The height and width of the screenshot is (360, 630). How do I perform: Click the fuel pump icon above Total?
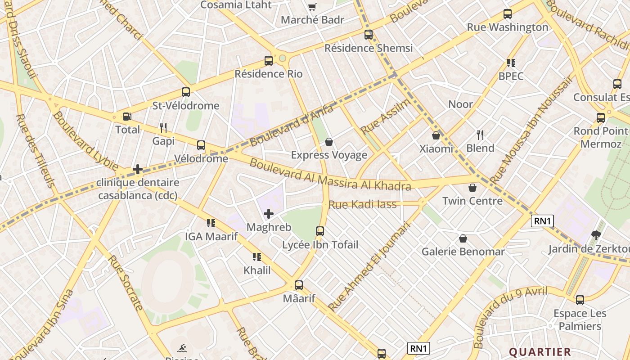coord(127,117)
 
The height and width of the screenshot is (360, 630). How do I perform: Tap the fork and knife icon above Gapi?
coord(163,128)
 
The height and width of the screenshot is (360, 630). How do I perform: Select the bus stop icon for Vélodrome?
coord(201,145)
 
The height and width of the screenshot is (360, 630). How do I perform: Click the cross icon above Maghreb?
coord(269,214)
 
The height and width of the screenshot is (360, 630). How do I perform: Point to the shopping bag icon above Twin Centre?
coord(472,188)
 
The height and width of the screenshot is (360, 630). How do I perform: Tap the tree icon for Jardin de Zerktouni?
coord(596,235)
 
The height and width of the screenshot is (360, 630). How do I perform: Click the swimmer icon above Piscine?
coord(182,348)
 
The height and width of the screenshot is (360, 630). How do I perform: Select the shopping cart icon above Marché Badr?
coord(312,7)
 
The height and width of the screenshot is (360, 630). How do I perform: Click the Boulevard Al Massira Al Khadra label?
coord(330,175)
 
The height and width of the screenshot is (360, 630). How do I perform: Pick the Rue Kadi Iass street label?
coord(362,205)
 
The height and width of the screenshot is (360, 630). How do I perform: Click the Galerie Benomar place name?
coord(463,252)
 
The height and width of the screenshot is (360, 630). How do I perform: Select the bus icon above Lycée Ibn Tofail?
coord(320,231)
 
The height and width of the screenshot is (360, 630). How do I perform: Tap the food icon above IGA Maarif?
coord(211,223)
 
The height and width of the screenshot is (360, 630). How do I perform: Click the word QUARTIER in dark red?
coord(540,352)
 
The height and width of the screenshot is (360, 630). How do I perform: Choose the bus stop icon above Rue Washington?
coord(508,14)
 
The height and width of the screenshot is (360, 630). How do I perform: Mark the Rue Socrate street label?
coord(126,283)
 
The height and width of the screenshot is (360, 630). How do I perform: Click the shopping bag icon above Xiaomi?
coord(436,135)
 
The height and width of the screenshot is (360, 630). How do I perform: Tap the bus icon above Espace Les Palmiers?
coord(580,300)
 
